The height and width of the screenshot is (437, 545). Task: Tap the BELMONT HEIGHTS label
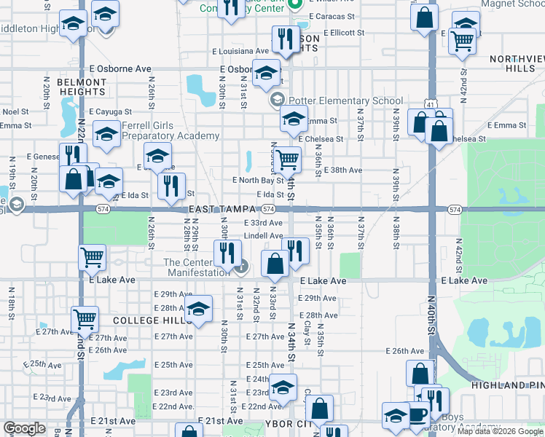click(82, 87)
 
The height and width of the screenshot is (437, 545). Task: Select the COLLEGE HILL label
click(143, 320)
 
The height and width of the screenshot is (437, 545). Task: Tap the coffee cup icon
click(417, 413)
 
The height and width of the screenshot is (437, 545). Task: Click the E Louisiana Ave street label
click(241, 51)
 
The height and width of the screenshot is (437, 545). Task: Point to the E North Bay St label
click(257, 180)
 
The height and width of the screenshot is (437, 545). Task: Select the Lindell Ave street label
click(263, 236)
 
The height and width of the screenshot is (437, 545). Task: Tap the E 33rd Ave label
click(263, 223)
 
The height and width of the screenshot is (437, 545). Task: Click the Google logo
click(24, 428)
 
